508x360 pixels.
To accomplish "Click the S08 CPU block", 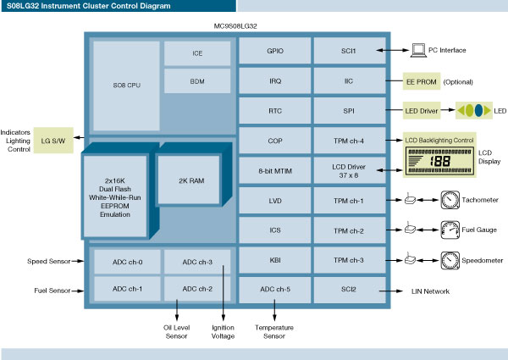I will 124,86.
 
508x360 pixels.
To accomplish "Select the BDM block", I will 197,80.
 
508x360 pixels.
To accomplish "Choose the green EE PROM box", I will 421,81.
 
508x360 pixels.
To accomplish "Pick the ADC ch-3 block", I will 197,262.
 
